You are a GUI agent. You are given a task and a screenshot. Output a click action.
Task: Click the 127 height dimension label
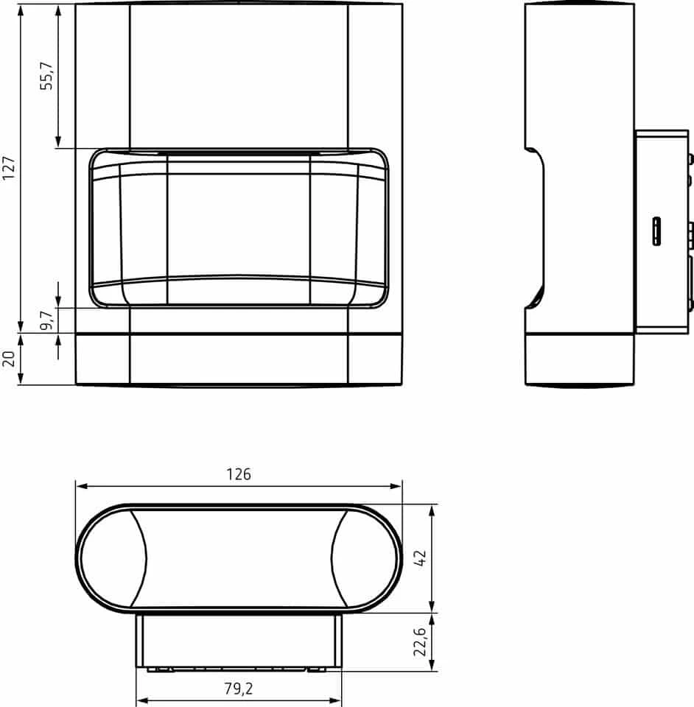click(x=9, y=168)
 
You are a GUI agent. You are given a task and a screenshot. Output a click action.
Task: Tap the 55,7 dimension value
click(x=46, y=76)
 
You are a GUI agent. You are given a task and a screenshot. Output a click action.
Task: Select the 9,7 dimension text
click(x=47, y=320)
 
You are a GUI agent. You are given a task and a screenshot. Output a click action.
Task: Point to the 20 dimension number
click(x=9, y=359)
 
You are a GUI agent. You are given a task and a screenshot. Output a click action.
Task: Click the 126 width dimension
click(x=239, y=474)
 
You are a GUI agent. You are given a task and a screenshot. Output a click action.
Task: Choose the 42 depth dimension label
click(x=419, y=558)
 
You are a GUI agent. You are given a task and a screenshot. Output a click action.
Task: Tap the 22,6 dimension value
click(x=419, y=641)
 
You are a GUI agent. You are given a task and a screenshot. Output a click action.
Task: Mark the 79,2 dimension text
click(x=239, y=689)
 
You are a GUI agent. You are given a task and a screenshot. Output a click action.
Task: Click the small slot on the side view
click(x=656, y=231)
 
